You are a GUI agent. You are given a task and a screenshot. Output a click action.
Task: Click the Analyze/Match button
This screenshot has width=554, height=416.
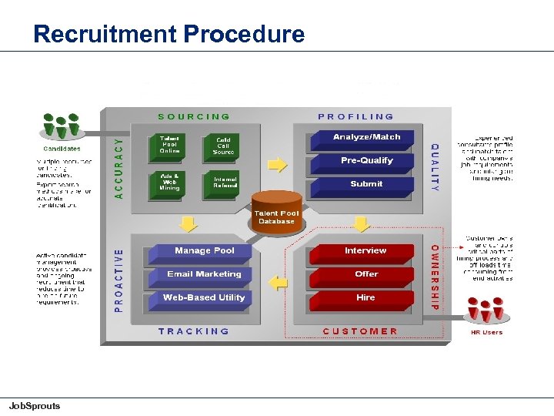(x=366, y=137)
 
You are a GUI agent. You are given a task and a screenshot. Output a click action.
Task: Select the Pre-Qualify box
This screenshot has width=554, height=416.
(x=366, y=161)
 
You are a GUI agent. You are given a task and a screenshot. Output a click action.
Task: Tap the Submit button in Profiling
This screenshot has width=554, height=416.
(x=366, y=184)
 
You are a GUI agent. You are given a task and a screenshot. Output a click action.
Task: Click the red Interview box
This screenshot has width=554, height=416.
(x=365, y=251)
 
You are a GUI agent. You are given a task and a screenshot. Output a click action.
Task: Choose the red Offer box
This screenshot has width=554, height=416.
(x=366, y=274)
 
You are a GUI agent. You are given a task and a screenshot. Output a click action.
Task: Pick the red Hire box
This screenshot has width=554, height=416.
(x=366, y=297)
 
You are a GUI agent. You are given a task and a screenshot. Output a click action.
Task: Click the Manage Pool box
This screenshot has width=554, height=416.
(x=204, y=251)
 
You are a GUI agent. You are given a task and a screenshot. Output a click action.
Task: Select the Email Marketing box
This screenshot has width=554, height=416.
(x=204, y=274)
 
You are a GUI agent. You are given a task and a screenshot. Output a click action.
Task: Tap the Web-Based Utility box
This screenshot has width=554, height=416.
(x=204, y=297)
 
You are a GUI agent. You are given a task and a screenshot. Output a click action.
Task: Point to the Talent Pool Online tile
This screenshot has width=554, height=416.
(x=170, y=144)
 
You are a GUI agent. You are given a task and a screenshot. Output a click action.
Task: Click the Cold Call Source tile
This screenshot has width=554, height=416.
(x=223, y=145)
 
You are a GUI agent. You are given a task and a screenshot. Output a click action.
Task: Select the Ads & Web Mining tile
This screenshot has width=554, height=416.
(x=170, y=182)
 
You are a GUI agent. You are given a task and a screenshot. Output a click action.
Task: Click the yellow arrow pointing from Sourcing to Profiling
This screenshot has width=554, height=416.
(x=276, y=164)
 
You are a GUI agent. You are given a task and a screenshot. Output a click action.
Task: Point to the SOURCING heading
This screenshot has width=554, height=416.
(x=194, y=117)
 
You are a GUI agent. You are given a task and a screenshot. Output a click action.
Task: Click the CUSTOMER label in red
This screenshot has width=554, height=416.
(x=360, y=331)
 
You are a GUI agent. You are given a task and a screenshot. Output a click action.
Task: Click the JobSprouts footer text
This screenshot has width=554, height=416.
(x=34, y=406)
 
